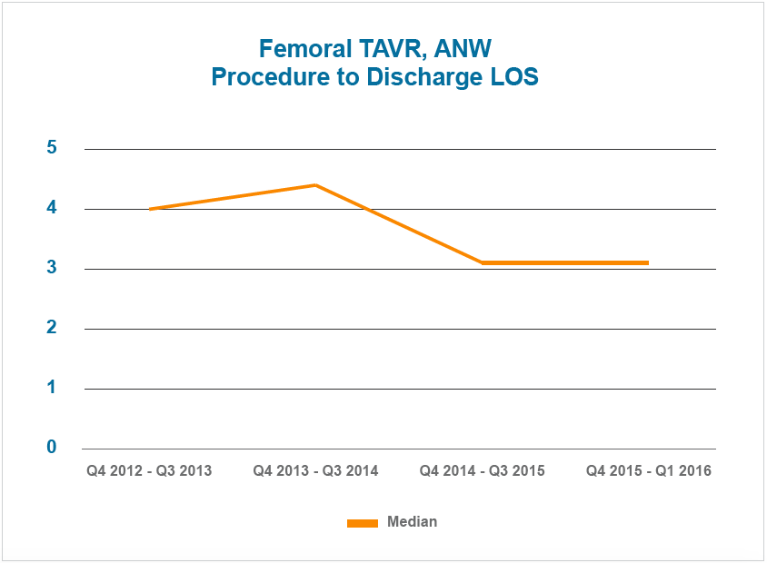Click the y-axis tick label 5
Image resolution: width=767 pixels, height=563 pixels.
pyautogui.click(x=52, y=148)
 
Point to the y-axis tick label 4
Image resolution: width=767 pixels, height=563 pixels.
pyautogui.click(x=52, y=208)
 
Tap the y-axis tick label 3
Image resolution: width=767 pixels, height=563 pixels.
pyautogui.click(x=52, y=268)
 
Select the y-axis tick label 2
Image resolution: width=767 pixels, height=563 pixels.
pyautogui.click(x=52, y=328)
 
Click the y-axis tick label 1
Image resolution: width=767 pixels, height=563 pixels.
pyautogui.click(x=52, y=388)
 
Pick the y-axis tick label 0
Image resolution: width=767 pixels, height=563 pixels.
pyautogui.click(x=52, y=448)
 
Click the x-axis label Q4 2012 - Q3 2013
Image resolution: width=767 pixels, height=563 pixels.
pyautogui.click(x=149, y=471)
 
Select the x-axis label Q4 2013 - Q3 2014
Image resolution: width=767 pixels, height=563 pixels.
pyautogui.click(x=315, y=471)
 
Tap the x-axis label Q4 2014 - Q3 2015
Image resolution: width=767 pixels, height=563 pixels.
pyautogui.click(x=482, y=471)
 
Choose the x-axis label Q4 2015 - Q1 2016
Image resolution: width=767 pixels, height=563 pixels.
pyautogui.click(x=648, y=471)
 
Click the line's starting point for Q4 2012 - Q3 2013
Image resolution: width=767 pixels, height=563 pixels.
pyautogui.click(x=150, y=209)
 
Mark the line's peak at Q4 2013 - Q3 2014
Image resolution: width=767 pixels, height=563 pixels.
pyautogui.click(x=315, y=185)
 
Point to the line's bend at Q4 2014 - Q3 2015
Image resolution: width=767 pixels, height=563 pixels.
pyautogui.click(x=482, y=262)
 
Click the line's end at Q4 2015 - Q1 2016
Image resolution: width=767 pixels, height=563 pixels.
pyautogui.click(x=647, y=262)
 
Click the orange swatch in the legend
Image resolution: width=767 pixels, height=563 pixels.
pyautogui.click(x=362, y=523)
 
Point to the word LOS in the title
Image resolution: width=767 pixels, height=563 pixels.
pyautogui.click(x=512, y=78)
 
